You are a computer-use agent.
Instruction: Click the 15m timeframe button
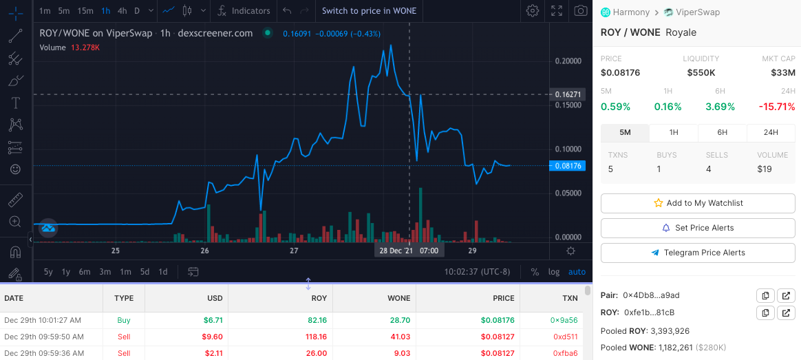pyautogui.click(x=85, y=11)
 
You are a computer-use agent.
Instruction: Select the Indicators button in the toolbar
pyautogui.click(x=244, y=11)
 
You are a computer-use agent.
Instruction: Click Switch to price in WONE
pyautogui.click(x=370, y=11)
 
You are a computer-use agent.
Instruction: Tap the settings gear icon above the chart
pyautogui.click(x=533, y=11)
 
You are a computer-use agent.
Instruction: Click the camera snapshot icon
pyautogui.click(x=580, y=11)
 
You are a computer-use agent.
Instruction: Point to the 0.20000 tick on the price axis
pyautogui.click(x=568, y=61)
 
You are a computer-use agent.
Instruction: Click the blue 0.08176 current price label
pyautogui.click(x=567, y=165)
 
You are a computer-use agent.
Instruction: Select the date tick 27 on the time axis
pyautogui.click(x=294, y=251)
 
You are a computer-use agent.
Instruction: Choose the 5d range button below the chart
pyautogui.click(x=145, y=272)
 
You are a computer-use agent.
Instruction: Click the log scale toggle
pyautogui.click(x=554, y=272)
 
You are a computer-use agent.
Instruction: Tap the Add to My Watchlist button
pyautogui.click(x=698, y=203)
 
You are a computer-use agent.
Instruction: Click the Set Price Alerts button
pyautogui.click(x=698, y=228)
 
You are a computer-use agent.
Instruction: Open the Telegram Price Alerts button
pyautogui.click(x=698, y=252)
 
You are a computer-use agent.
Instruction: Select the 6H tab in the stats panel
pyautogui.click(x=723, y=132)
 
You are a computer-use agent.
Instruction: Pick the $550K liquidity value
pyautogui.click(x=701, y=72)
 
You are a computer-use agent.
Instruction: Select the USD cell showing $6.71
pyautogui.click(x=213, y=320)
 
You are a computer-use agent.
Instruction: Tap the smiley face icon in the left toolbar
pyautogui.click(x=16, y=169)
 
